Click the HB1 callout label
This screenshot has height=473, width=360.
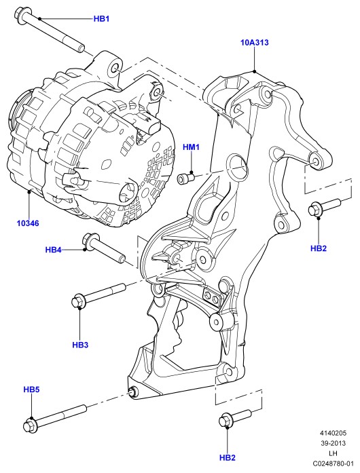101,19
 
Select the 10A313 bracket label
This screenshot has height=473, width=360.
254,43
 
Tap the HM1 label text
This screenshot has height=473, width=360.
191,147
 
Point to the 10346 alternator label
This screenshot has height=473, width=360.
28,223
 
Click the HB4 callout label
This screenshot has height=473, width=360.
54,250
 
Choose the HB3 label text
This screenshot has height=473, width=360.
80,345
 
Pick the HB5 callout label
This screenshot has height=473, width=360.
31,390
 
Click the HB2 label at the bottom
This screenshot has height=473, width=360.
227,457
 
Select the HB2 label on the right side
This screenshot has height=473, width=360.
319,248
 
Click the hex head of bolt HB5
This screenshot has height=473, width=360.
30,425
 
